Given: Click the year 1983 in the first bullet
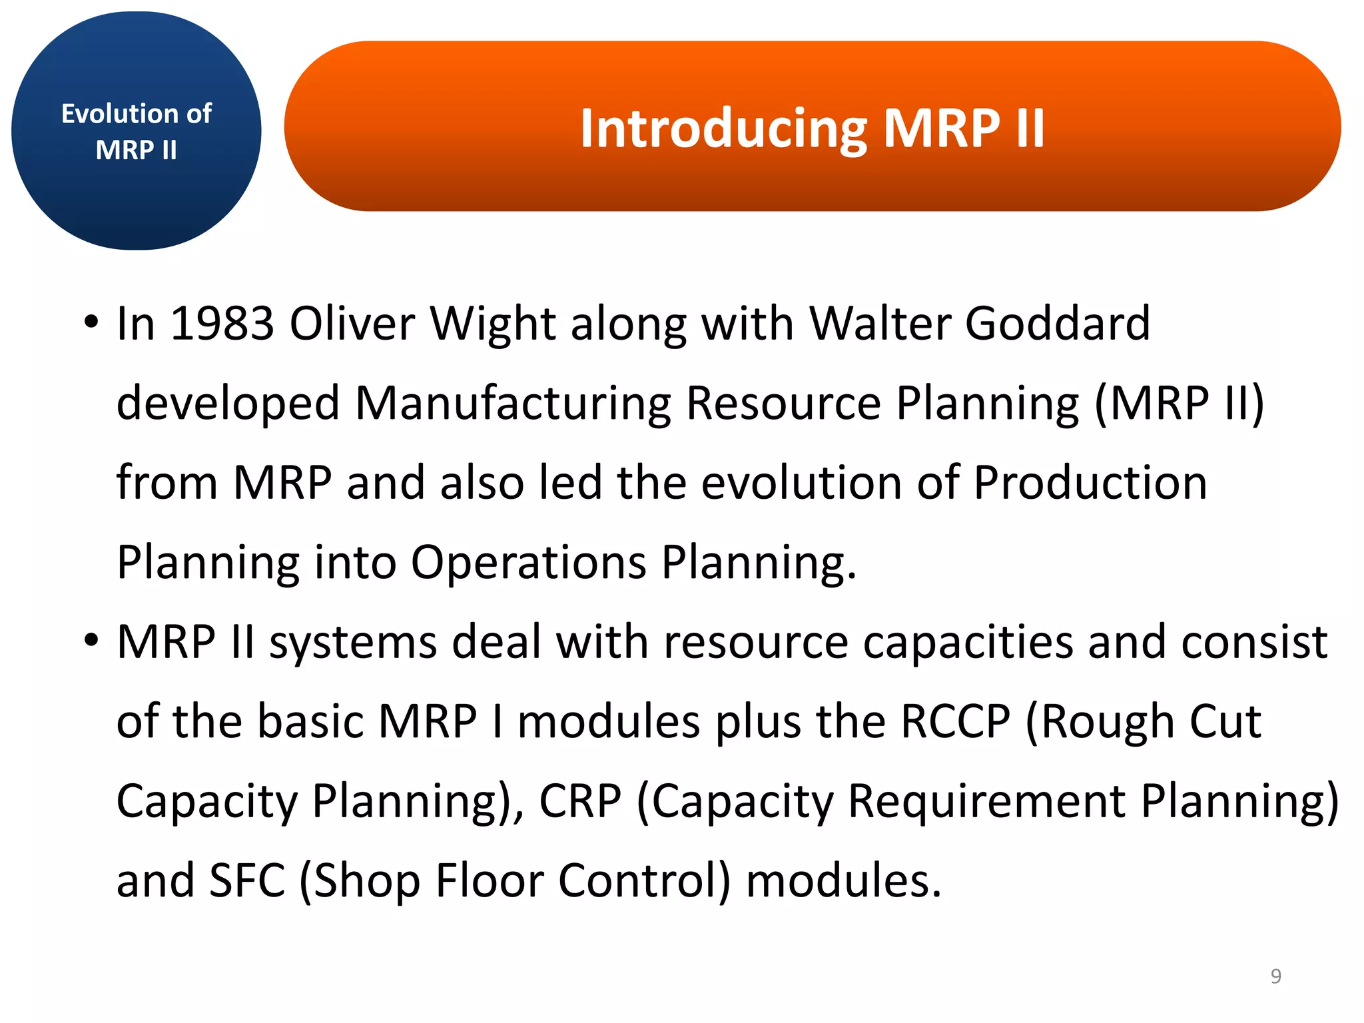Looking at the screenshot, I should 222,324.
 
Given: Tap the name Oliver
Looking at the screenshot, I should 352,324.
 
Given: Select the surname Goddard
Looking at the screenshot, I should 1057,324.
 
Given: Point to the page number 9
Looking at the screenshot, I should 1275,976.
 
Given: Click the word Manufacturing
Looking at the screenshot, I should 513,404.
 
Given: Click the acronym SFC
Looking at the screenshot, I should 247,880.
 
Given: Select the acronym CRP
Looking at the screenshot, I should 580,801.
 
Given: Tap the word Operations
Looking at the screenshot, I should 528,563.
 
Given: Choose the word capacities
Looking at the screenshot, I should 968,642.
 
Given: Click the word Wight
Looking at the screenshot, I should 492,324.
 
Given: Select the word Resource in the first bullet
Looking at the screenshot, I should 783,404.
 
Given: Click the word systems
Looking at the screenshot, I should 352,642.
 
